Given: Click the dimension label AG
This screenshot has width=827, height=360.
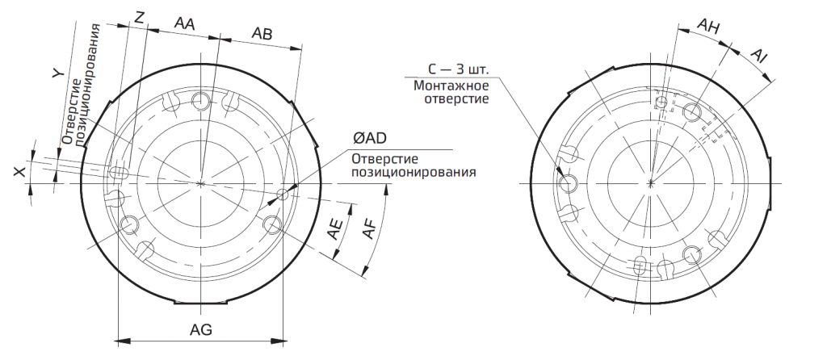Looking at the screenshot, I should (201, 330).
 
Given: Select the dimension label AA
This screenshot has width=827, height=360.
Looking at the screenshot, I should (184, 24).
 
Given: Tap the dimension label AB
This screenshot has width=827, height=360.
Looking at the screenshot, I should (262, 33).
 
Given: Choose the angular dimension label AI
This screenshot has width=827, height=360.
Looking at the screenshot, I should (758, 54).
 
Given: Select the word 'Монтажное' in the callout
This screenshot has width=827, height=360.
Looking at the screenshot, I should (451, 85).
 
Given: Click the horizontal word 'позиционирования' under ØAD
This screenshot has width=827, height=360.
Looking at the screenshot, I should (411, 172).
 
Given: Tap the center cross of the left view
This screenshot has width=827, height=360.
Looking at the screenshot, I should (200, 183).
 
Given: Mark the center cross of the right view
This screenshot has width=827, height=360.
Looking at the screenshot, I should (651, 183).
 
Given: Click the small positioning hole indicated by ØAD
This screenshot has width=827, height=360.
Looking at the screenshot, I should (282, 194).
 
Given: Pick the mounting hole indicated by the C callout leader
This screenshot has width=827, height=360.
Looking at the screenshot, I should (569, 182).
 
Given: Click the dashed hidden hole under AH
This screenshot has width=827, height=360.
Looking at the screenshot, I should (661, 103).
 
